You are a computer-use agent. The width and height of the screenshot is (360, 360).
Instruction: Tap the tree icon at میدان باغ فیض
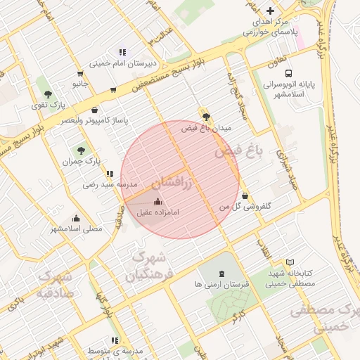pos(205,117)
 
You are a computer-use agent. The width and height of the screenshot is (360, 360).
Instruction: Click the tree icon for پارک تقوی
pos(48,94)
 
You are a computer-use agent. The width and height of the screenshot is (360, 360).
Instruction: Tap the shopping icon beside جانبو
pos(79,73)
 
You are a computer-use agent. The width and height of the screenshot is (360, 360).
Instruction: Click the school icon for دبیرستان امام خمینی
pos(122,51)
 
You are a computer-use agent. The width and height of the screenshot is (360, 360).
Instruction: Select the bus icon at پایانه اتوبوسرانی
pos(288,73)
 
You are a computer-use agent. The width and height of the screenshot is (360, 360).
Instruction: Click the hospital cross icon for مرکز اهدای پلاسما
pos(270,11)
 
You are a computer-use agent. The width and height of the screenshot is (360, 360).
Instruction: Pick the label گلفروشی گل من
pos(245,207)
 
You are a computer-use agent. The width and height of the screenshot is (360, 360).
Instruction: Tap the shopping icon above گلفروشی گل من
pos(245,195)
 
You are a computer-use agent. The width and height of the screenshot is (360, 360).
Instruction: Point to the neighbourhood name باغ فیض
pos(238,153)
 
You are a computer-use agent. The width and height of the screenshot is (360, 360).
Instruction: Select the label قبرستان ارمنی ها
pos(222,285)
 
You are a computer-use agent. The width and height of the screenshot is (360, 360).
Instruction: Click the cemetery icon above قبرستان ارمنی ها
pos(223,273)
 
